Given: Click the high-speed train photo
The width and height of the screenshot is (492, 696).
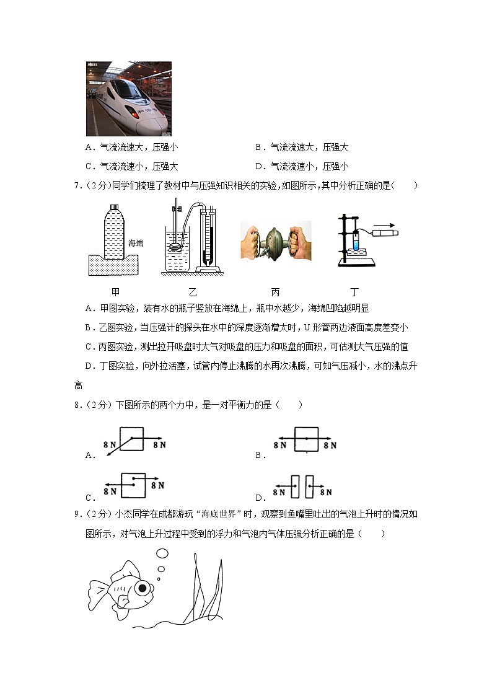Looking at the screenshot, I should pyautogui.click(x=128, y=98).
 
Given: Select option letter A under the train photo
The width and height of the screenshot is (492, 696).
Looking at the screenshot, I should pyautogui.click(x=90, y=148).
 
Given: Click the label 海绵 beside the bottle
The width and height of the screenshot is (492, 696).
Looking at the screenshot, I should pyautogui.click(x=136, y=244).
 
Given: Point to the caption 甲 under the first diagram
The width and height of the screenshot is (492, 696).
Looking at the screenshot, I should pyautogui.click(x=115, y=292).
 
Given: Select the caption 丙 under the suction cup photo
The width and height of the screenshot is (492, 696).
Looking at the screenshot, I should pyautogui.click(x=275, y=292).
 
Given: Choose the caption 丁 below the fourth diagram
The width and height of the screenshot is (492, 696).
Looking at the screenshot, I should pyautogui.click(x=355, y=292).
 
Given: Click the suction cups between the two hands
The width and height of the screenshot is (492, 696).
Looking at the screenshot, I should pyautogui.click(x=275, y=242).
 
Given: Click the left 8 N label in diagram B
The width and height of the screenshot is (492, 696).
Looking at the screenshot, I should pyautogui.click(x=279, y=445).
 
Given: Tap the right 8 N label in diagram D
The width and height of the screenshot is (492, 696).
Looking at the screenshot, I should pyautogui.click(x=326, y=492).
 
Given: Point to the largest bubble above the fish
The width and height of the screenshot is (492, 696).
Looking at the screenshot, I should pyautogui.click(x=162, y=553).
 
